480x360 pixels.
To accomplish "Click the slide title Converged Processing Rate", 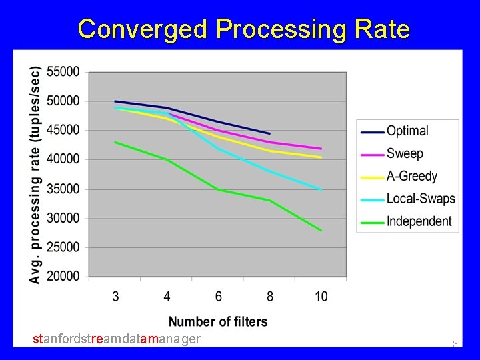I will (x=243, y=29).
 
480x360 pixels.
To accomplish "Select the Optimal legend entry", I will (x=407, y=131).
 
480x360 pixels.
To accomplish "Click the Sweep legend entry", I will (x=405, y=153).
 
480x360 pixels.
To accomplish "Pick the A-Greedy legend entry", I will (x=411, y=176).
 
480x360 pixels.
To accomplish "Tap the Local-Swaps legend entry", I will (x=420, y=199).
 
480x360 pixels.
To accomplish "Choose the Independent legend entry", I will (x=419, y=221).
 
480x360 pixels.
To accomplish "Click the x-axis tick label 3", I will (x=115, y=296).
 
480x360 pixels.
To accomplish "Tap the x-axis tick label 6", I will (x=218, y=296).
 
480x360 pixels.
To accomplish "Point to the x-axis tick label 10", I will (x=321, y=296).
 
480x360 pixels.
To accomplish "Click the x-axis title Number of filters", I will (x=218, y=321).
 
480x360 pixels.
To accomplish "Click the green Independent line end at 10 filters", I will (x=321, y=231).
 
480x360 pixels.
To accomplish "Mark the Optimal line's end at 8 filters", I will (x=269, y=133).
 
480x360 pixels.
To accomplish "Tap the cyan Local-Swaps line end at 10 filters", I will (x=321, y=190).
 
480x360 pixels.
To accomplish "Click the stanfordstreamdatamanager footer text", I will (x=117, y=339).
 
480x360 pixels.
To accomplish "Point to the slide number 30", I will (x=457, y=344).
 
